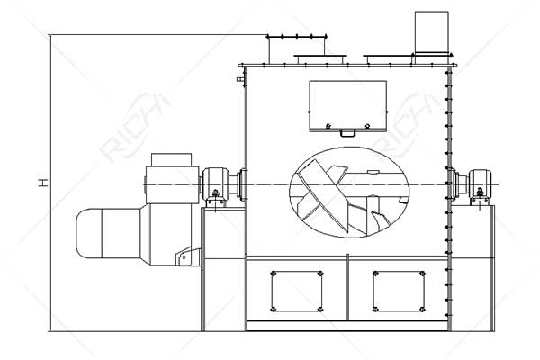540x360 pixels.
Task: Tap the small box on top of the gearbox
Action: point(173,159)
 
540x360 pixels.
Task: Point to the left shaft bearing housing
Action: point(216,184)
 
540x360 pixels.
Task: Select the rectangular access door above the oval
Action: point(347,104)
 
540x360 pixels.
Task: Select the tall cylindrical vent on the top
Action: point(430,32)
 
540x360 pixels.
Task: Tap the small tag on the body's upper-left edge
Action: point(239,80)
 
